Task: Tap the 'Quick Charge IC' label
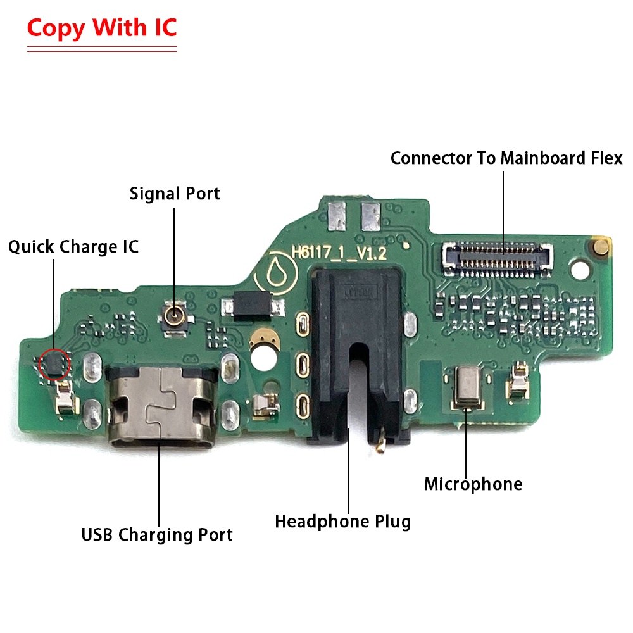point(73,247)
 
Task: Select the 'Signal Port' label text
point(175,194)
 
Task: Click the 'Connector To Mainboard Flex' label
point(506,158)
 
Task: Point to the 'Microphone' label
point(473,484)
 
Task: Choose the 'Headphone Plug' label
point(342,521)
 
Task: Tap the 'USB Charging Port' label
point(157,534)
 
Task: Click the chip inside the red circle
point(54,363)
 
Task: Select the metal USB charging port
point(161,406)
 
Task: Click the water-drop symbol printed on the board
point(276,272)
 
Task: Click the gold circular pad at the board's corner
point(600,246)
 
